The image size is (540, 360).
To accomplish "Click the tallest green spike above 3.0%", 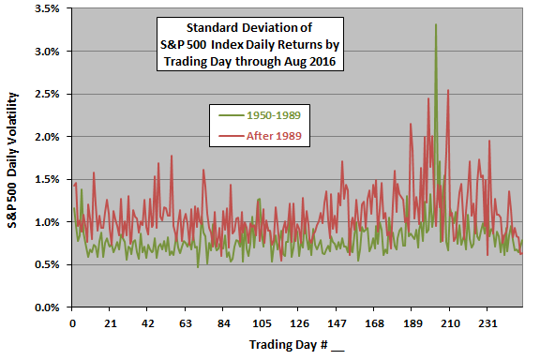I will [x=436, y=25].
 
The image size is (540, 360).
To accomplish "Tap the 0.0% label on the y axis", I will [x=49, y=307].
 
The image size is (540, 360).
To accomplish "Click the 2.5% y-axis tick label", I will [x=49, y=94].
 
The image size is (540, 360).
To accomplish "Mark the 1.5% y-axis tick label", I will [x=49, y=179].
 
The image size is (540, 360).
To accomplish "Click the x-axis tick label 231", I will [x=487, y=323].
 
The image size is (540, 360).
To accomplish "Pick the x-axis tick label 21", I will [x=110, y=323].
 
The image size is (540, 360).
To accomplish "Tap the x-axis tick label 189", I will [x=412, y=323].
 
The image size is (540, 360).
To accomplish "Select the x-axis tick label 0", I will [x=72, y=323].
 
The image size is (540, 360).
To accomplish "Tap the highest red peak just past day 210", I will [x=448, y=91].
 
